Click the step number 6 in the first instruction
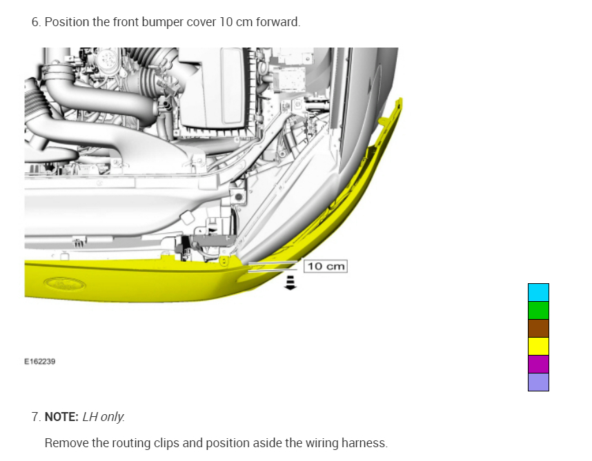[x=35, y=22]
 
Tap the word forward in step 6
[x=279, y=22]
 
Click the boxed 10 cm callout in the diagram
[x=326, y=266]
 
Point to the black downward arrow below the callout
[x=290, y=283]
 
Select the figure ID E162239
[x=40, y=360]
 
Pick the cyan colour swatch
[x=538, y=292]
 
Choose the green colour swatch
[x=538, y=310]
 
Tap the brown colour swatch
[x=538, y=328]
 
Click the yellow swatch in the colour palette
[x=538, y=346]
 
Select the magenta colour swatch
[x=538, y=364]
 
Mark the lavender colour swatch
[x=538, y=382]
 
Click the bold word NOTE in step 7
[x=61, y=417]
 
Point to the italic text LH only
[x=103, y=417]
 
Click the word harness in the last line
[x=366, y=442]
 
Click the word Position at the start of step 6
[x=67, y=22]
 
